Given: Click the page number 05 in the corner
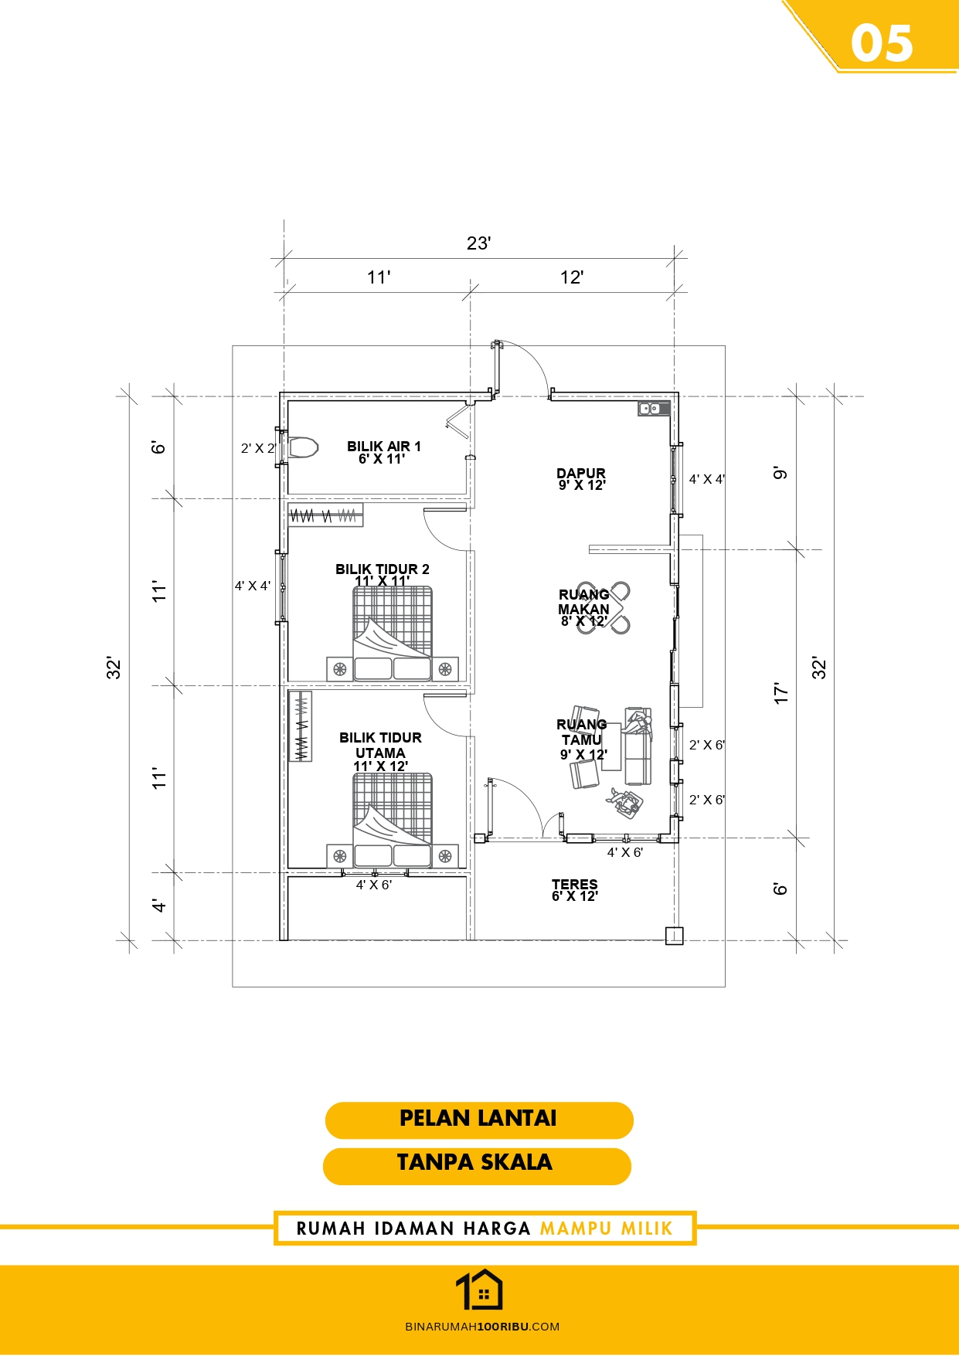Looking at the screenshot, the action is (x=882, y=43).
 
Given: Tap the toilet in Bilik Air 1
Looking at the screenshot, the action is (x=303, y=447).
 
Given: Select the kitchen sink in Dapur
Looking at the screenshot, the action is (x=654, y=408).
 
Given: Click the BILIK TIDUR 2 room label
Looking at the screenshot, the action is (x=383, y=569).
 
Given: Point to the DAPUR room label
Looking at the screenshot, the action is (x=581, y=473).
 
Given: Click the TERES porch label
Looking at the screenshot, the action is (x=575, y=884).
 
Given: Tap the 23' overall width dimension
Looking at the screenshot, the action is (x=479, y=243).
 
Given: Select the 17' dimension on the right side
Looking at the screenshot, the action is (x=781, y=693).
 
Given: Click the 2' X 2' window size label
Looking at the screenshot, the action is (x=258, y=448).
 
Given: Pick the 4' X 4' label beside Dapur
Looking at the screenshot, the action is (x=707, y=479).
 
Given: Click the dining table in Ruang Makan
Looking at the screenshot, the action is (x=604, y=607).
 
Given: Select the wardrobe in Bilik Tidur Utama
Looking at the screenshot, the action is (x=301, y=726).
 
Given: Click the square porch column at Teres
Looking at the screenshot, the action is (x=675, y=936).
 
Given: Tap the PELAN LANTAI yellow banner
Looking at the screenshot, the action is (x=479, y=1120).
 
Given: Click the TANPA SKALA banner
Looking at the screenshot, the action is (x=477, y=1165).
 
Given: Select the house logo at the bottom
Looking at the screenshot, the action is (x=479, y=1290).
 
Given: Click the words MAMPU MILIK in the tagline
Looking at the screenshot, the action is (x=607, y=1229).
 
